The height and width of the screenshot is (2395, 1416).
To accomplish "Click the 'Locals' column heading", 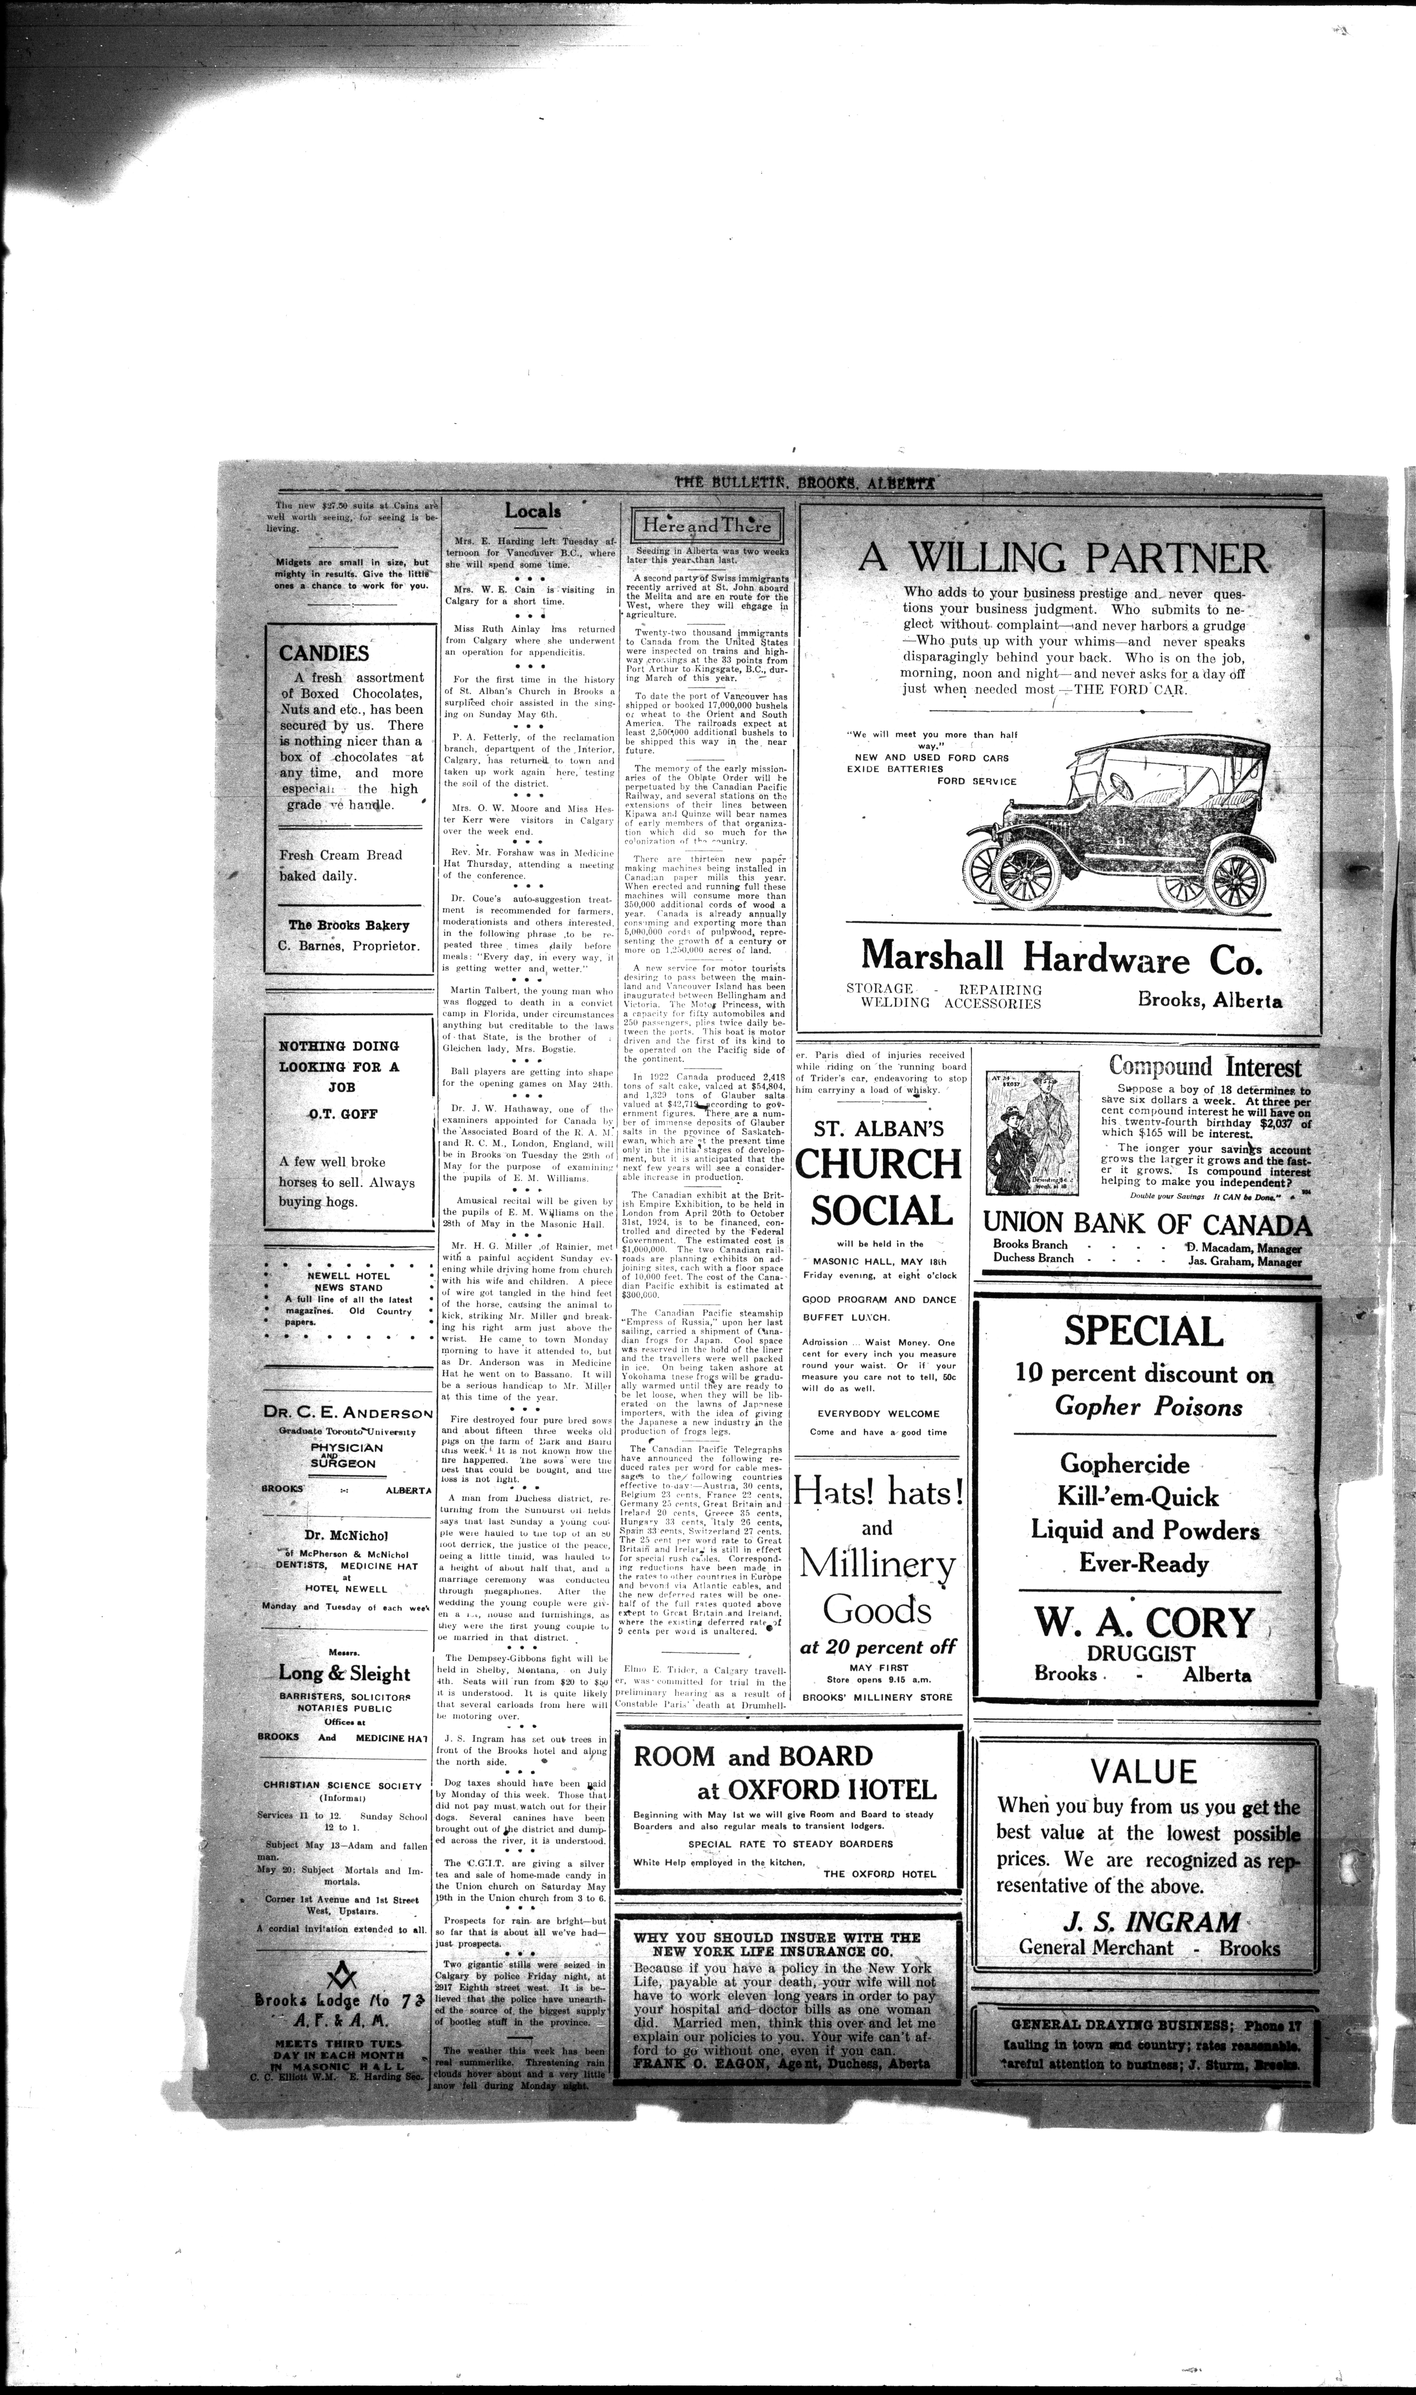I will (533, 511).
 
